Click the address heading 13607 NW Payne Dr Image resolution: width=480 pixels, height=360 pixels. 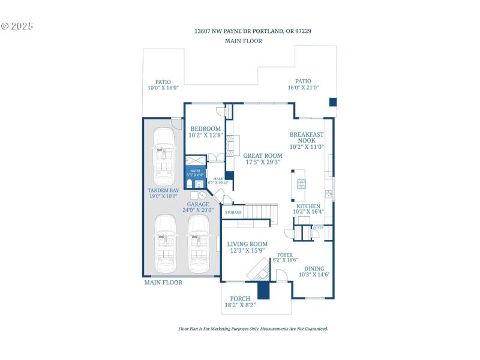pyautogui.click(x=252, y=31)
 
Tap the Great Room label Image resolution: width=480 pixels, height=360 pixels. pyautogui.click(x=263, y=155)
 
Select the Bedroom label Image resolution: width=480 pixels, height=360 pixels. pyautogui.click(x=205, y=129)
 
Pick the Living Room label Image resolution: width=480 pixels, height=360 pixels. pyautogui.click(x=247, y=244)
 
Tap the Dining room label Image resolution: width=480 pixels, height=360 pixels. pyautogui.click(x=314, y=268)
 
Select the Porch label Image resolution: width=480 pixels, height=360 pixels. pyautogui.click(x=239, y=298)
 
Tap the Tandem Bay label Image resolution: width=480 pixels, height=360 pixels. pyautogui.click(x=163, y=191)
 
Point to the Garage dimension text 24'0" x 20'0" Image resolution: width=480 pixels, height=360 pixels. pyautogui.click(x=197, y=211)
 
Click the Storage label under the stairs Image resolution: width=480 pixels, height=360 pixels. pyautogui.click(x=233, y=212)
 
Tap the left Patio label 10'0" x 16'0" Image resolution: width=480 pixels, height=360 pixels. pyautogui.click(x=163, y=82)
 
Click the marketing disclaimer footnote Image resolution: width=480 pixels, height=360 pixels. pyautogui.click(x=253, y=329)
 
